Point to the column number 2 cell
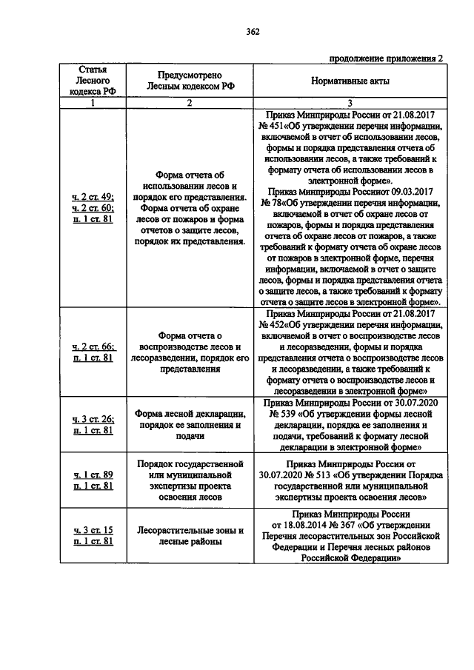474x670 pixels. pyautogui.click(x=190, y=103)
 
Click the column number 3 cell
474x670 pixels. pyautogui.click(x=350, y=103)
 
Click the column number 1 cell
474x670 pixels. pyautogui.click(x=93, y=103)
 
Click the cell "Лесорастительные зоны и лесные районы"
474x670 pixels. pyautogui.click(x=190, y=535)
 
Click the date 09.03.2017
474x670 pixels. pyautogui.click(x=401, y=190)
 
